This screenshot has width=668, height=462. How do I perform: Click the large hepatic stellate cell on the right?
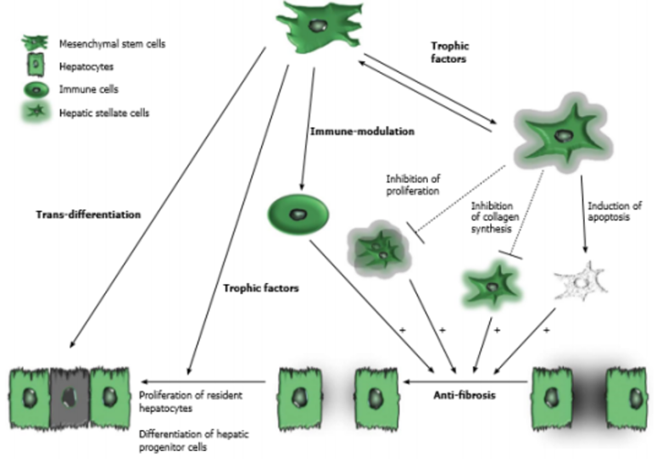click(561, 136)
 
